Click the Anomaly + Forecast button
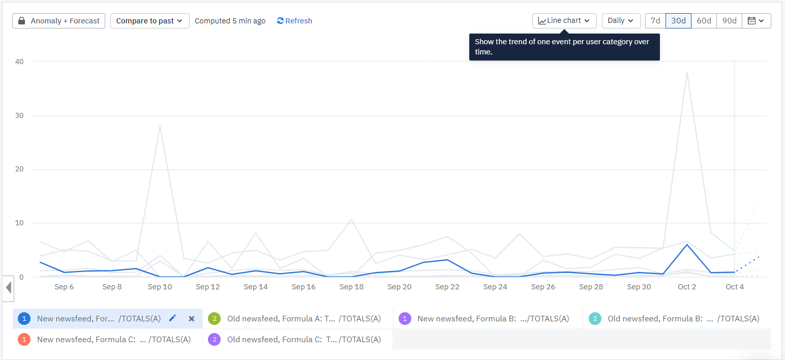tap(58, 21)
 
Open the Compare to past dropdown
tap(149, 21)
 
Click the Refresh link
tap(294, 21)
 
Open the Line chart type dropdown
tap(564, 21)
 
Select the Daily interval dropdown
tap(621, 21)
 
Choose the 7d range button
tap(655, 21)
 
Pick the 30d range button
tap(678, 21)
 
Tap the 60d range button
tap(704, 21)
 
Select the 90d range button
tap(729, 21)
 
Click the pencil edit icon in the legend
tap(172, 318)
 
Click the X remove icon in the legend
tap(192, 318)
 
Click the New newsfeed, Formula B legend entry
tap(487, 319)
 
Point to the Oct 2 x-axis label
tap(687, 287)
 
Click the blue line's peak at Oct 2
tap(687, 245)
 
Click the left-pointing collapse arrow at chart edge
tap(8, 288)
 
